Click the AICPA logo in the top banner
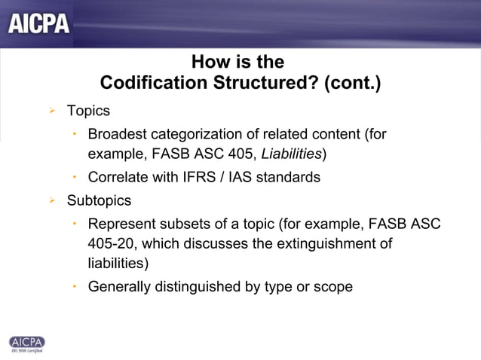tap(39, 24)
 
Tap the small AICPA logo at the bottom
tap(26, 342)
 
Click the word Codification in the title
tap(145, 81)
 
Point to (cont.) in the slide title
tap(352, 81)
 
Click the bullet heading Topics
tap(88, 111)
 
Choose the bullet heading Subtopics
tap(99, 201)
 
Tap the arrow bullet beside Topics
tap(52, 111)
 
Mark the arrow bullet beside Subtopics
tap(52, 201)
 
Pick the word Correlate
tap(119, 178)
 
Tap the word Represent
tap(123, 224)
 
